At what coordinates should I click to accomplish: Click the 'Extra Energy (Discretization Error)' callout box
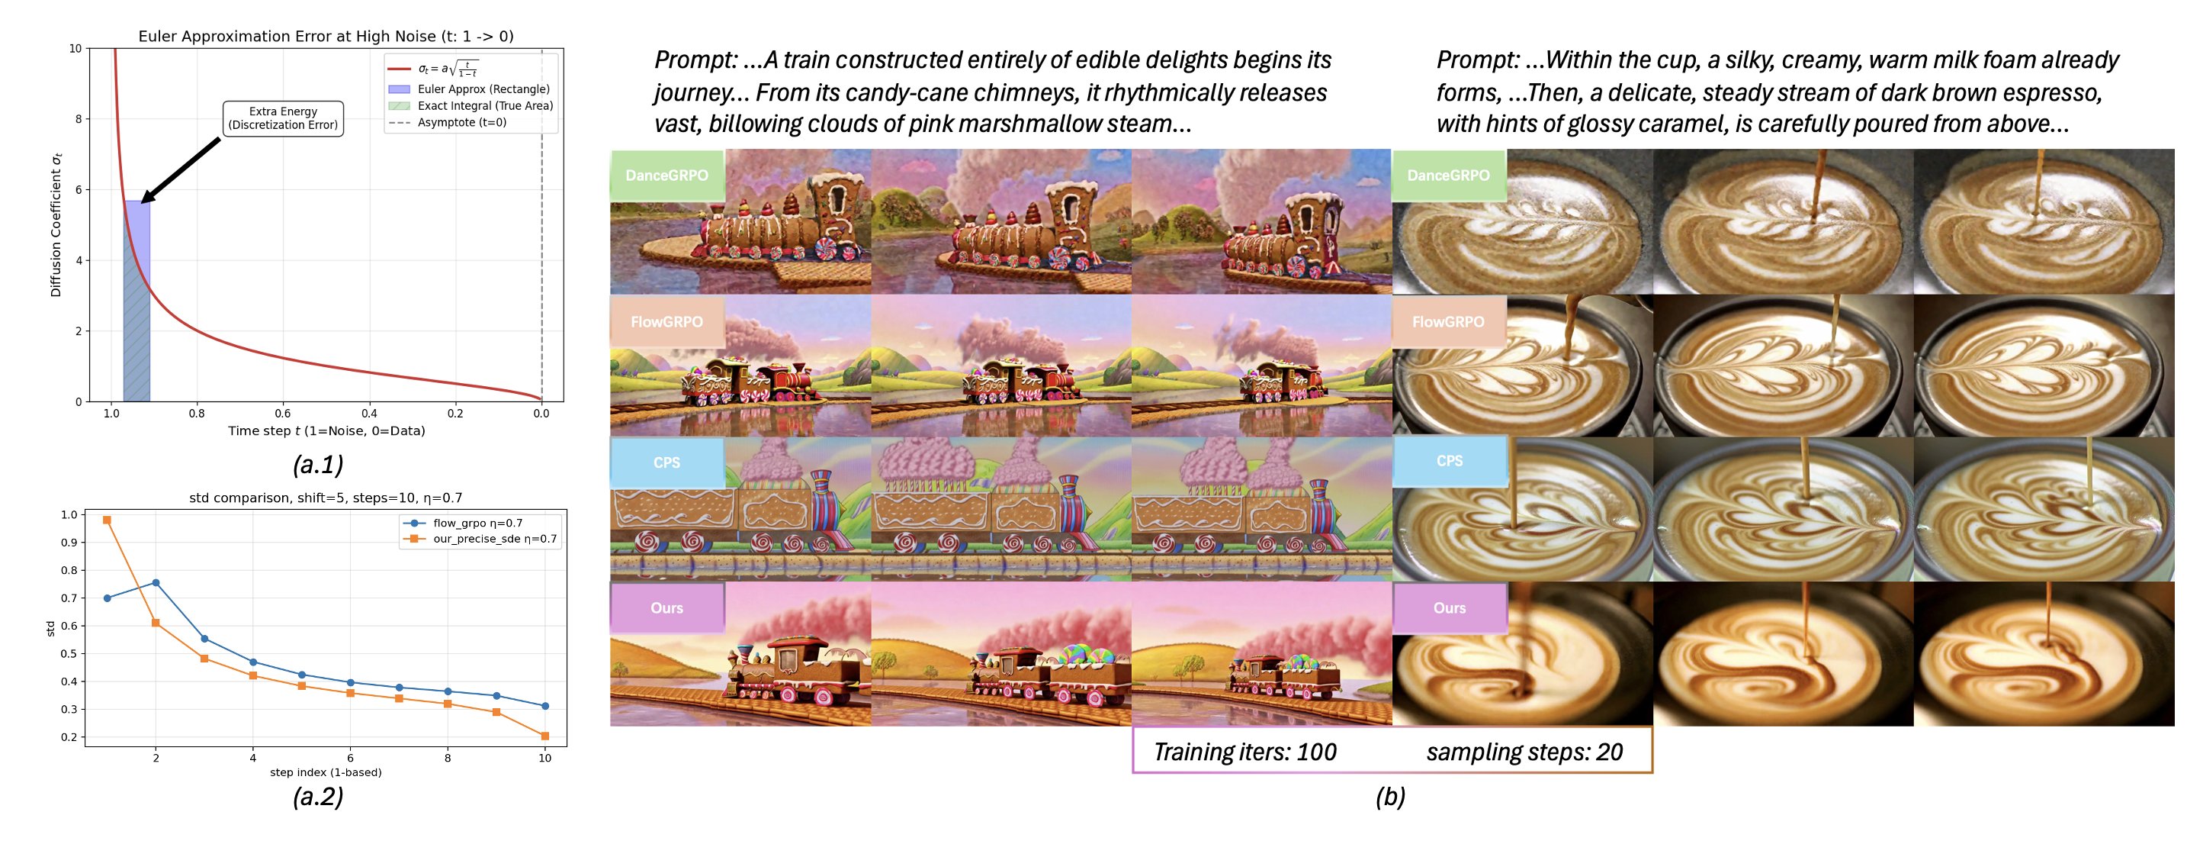pos(283,118)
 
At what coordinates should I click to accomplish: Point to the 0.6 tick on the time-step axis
pos(283,414)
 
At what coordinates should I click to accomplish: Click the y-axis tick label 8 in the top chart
pos(78,119)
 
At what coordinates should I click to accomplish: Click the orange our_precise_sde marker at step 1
pos(107,520)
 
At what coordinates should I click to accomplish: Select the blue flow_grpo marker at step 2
pos(156,583)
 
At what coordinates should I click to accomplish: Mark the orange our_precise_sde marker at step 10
pos(545,736)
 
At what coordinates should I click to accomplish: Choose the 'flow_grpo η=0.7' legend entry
pos(477,524)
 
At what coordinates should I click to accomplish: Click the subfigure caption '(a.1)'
pos(317,464)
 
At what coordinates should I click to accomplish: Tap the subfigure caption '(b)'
pos(1390,796)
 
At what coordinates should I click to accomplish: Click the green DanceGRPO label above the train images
pos(666,175)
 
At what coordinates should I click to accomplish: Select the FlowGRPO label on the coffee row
pos(1448,322)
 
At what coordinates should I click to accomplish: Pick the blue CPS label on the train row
pos(666,463)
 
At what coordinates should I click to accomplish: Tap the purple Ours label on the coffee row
pos(1449,608)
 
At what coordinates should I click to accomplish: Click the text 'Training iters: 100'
pos(1244,752)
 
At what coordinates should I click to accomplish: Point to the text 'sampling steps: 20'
pos(1524,752)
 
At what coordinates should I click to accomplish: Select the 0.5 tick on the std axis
pos(69,653)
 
